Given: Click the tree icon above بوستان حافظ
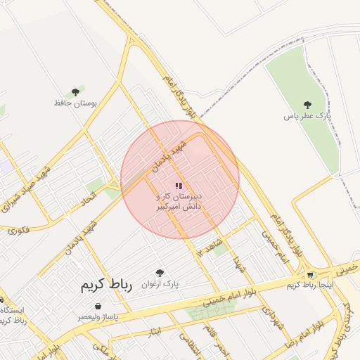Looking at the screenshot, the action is pyautogui.click(x=75, y=92).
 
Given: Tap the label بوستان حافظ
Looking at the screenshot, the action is pyautogui.click(x=75, y=103).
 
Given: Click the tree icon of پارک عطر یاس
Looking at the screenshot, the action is pyautogui.click(x=307, y=104).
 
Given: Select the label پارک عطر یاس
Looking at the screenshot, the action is pyautogui.click(x=307, y=115).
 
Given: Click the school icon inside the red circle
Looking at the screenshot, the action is pyautogui.click(x=178, y=186).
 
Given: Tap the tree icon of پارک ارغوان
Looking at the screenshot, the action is pyautogui.click(x=160, y=273).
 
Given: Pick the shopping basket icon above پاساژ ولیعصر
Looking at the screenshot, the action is pyautogui.click(x=97, y=307).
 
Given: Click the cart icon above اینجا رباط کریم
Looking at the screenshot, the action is pyautogui.click(x=311, y=274).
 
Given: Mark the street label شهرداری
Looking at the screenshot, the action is pyautogui.click(x=269, y=313).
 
